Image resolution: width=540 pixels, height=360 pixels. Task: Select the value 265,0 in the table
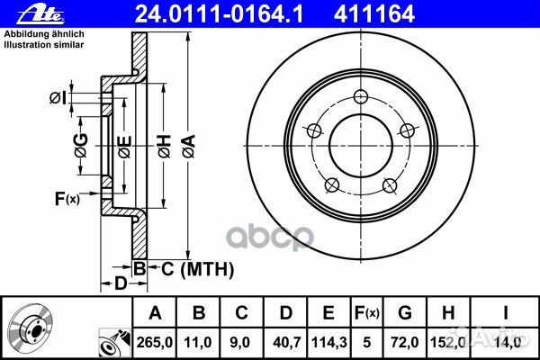[x=154, y=342]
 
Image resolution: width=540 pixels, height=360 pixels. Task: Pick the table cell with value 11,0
[x=199, y=342]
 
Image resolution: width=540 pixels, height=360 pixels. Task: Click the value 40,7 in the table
[x=285, y=342]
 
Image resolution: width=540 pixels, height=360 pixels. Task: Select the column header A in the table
[x=154, y=313]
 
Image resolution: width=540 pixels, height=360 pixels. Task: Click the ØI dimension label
[x=57, y=98]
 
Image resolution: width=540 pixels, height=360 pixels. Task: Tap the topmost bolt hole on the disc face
[x=361, y=97]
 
